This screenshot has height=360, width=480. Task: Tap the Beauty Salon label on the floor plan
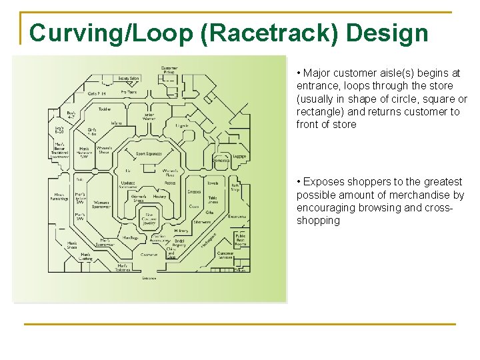(x=129, y=79)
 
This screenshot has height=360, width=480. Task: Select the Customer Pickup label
(x=169, y=71)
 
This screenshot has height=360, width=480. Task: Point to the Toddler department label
(x=105, y=109)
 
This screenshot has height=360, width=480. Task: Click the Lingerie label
(x=182, y=125)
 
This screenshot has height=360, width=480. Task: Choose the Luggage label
(x=239, y=157)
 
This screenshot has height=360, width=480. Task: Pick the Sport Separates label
(x=150, y=154)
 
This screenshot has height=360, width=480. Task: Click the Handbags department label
(x=131, y=238)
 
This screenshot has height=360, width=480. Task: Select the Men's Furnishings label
(x=61, y=197)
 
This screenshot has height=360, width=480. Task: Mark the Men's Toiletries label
(x=122, y=268)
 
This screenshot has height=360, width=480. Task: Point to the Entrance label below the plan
(x=149, y=278)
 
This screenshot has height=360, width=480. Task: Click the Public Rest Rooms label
(x=241, y=239)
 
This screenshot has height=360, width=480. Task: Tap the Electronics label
(x=237, y=217)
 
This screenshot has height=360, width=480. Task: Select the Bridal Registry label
(x=179, y=243)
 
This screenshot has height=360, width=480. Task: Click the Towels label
(x=213, y=183)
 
